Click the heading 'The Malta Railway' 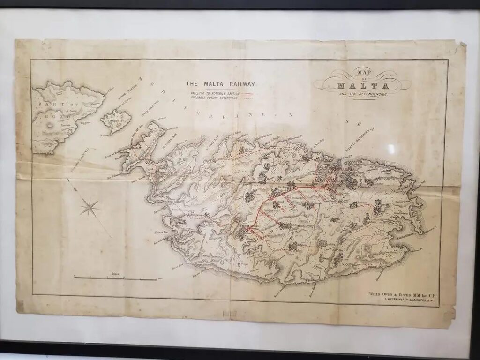pyautogui.click(x=221, y=84)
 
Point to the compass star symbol pyautogui.click(x=90, y=207)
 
